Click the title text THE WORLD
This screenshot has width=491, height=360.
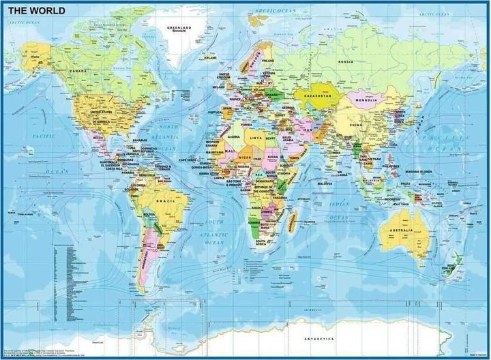[37, 11]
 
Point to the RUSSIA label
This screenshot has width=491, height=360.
[345, 62]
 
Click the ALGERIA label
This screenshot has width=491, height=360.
[234, 137]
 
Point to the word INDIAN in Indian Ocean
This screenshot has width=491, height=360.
[339, 204]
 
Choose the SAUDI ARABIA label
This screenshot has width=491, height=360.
[286, 140]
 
